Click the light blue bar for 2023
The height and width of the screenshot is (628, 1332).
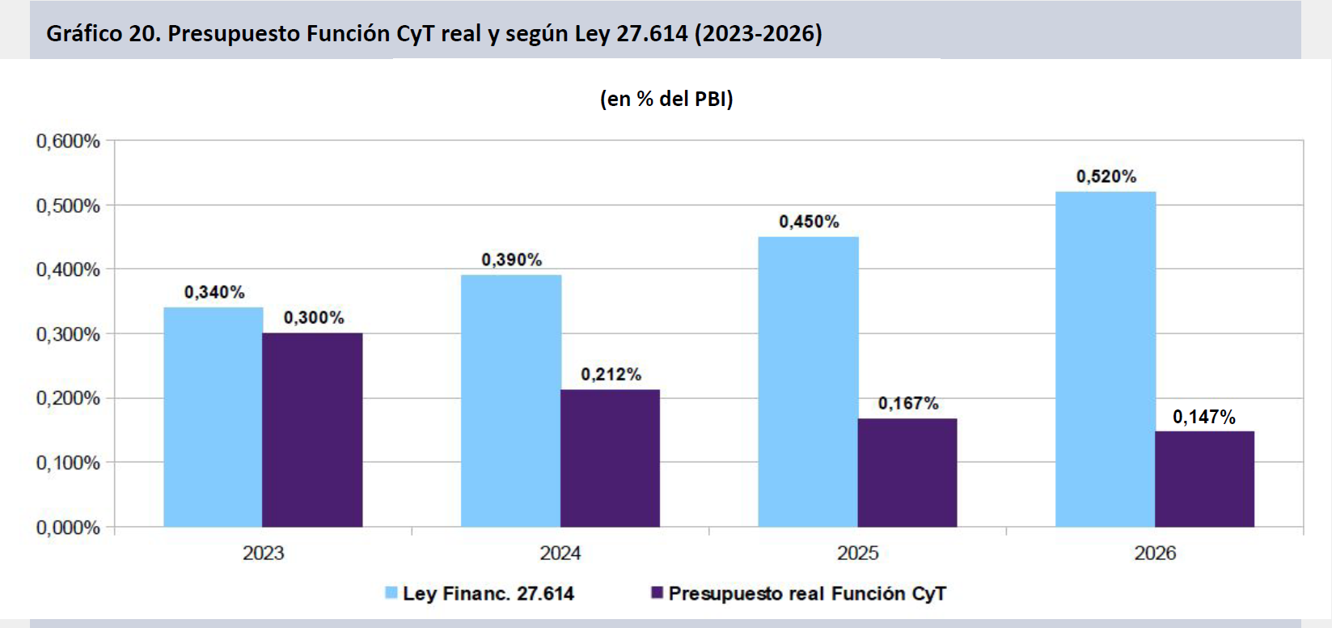pos(214,417)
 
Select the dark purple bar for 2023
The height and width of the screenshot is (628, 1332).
pos(312,430)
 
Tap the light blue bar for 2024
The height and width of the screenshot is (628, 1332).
pos(511,401)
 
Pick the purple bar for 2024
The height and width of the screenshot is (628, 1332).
pos(610,458)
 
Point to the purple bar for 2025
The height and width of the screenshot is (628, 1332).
pos(907,473)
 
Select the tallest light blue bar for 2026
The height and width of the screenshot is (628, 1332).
pos(1106,359)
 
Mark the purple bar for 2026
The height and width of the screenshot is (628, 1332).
pos(1204,479)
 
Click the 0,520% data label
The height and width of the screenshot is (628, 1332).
pos(1106,176)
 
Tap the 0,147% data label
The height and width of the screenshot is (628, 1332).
pos(1204,417)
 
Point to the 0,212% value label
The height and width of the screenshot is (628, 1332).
pos(611,374)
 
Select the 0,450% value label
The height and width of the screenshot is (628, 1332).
pos(809,222)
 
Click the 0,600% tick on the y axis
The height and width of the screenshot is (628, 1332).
pos(68,142)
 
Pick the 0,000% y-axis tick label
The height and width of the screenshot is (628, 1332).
pos(68,528)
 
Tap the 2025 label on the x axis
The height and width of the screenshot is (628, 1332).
pos(857,553)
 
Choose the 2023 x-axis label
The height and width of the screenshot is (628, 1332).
pos(263,553)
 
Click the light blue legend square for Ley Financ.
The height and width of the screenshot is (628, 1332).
pos(391,593)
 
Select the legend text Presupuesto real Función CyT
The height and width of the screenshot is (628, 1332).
pos(806,593)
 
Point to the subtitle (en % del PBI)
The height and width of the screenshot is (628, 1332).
pos(666,99)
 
